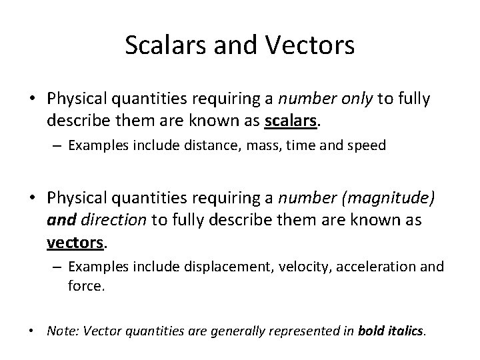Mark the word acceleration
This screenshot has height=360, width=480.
[x=383, y=267]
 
